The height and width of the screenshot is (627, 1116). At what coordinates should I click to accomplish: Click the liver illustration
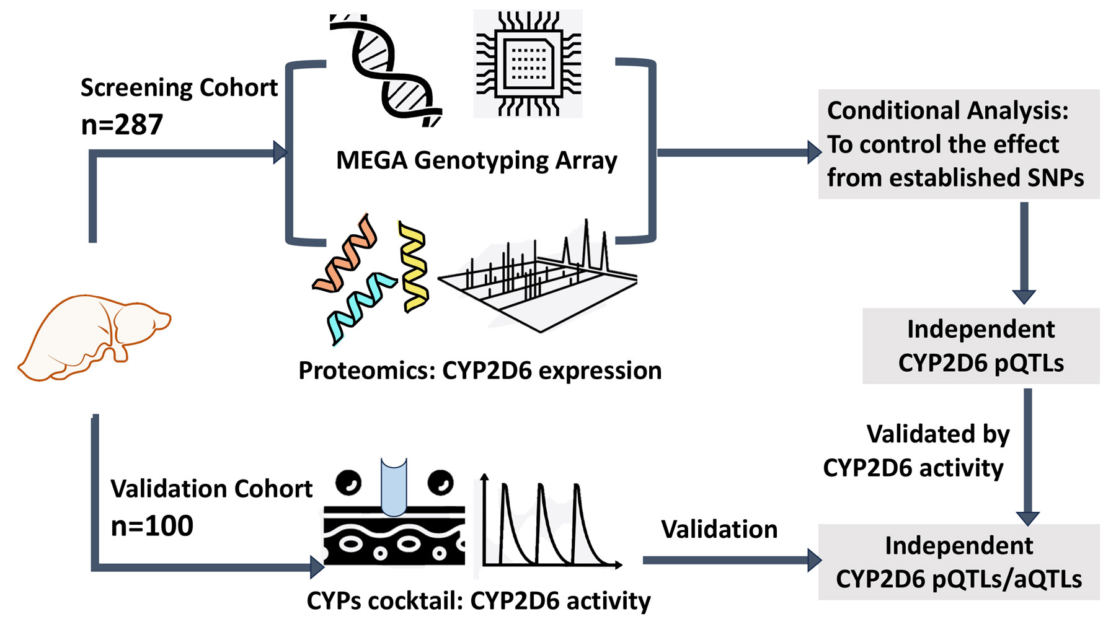[x=93, y=338]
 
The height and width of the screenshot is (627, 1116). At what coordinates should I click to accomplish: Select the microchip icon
[x=528, y=63]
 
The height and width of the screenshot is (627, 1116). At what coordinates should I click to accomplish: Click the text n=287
[x=122, y=125]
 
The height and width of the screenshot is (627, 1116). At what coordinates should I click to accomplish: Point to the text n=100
[x=152, y=526]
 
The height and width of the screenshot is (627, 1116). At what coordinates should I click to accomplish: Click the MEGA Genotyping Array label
[x=476, y=160]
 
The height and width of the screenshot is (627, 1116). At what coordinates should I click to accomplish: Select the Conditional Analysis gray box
[x=959, y=144]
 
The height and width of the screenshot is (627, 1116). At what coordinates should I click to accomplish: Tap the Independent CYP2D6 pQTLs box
[x=981, y=346]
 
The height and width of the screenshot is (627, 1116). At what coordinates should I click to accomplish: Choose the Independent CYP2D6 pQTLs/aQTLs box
[x=959, y=562]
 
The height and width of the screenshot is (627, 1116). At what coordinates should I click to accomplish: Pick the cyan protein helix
[x=360, y=307]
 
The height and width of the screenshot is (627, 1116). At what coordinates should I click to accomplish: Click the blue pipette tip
[x=394, y=486]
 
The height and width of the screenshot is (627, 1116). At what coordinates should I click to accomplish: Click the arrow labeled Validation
[x=732, y=560]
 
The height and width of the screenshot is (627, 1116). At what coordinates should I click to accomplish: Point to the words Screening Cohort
[x=179, y=87]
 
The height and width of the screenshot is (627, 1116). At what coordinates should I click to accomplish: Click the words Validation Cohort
[x=211, y=489]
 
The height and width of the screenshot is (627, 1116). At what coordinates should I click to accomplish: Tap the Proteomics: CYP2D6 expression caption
[x=480, y=370]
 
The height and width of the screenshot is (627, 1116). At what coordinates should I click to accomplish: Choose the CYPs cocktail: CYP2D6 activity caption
[x=479, y=600]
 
